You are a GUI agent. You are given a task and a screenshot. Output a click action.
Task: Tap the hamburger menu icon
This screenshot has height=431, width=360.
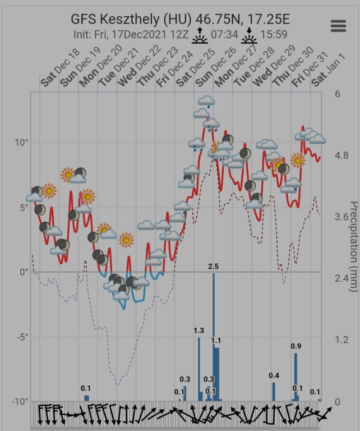(x=338, y=26)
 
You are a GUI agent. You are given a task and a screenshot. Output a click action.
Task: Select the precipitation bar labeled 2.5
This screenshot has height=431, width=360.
(x=214, y=337)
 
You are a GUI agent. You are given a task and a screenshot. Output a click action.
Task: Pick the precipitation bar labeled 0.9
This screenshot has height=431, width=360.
(x=296, y=376)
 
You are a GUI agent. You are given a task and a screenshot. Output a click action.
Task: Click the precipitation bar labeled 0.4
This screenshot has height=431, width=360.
(x=274, y=391)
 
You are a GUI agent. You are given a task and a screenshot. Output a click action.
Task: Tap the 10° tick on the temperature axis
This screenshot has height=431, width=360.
(x=21, y=143)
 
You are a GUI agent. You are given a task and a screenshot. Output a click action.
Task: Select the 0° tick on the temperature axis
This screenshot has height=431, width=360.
(x=24, y=272)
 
